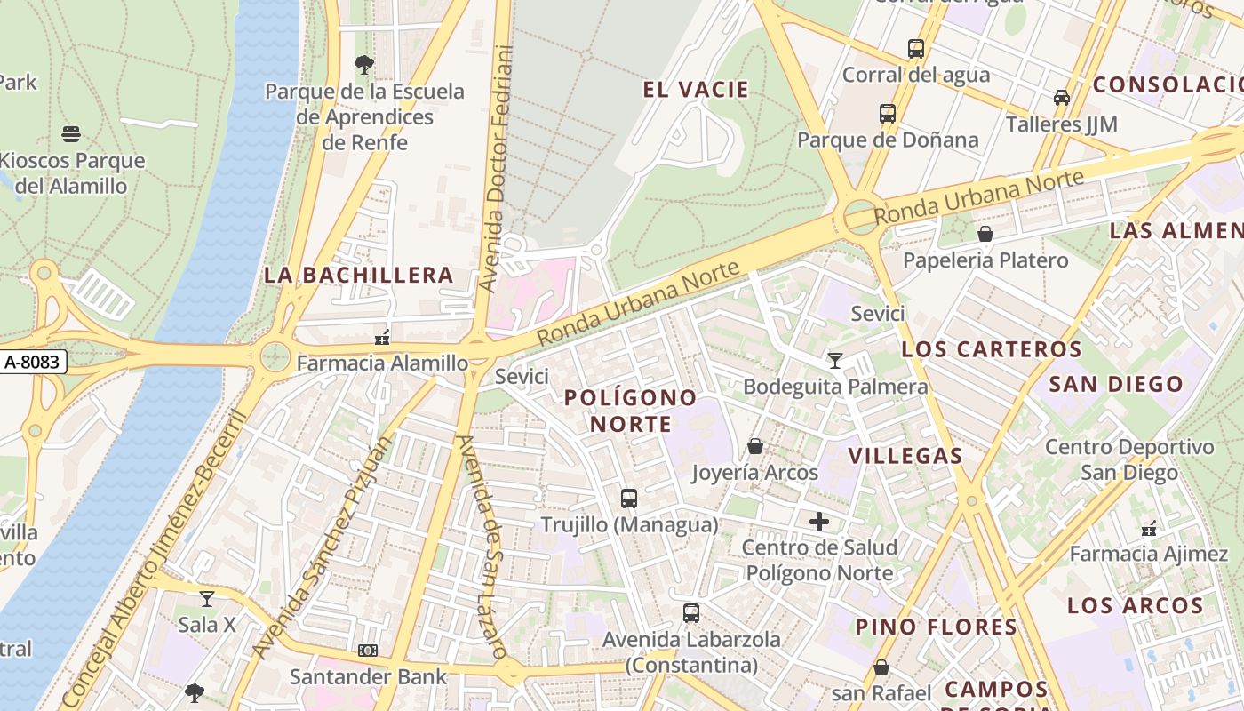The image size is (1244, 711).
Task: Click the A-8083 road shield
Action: pos(33,362)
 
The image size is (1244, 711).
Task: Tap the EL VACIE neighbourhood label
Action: pos(696,90)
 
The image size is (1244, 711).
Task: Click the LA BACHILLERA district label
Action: pos(358,275)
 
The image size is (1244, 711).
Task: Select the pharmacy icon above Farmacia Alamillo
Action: pos(382,337)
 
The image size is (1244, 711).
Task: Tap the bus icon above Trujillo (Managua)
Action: pos(629,498)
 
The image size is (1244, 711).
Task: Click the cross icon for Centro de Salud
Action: pos(819,522)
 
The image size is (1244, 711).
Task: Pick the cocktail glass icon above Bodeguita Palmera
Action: pos(834,360)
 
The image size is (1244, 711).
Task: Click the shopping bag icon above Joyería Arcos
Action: pos(754,445)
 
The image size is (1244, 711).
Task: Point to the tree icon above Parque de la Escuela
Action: pos(363,64)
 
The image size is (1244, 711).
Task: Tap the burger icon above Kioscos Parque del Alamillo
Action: pos(72,134)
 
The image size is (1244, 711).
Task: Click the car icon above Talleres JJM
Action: pos(1061,97)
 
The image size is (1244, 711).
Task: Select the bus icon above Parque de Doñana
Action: pos(887,113)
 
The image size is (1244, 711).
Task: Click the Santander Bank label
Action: pos(368,676)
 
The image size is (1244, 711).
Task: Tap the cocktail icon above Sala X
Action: pos(207,598)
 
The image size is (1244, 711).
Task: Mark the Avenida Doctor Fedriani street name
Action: pos(497,169)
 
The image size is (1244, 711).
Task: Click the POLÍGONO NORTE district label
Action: pos(631,411)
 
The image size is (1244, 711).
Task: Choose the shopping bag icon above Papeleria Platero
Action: pos(985,234)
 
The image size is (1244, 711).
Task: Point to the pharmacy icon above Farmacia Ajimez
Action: pos(1149,528)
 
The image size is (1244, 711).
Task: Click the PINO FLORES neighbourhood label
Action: pos(936,627)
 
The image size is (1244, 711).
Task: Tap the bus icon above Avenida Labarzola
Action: pos(690,612)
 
